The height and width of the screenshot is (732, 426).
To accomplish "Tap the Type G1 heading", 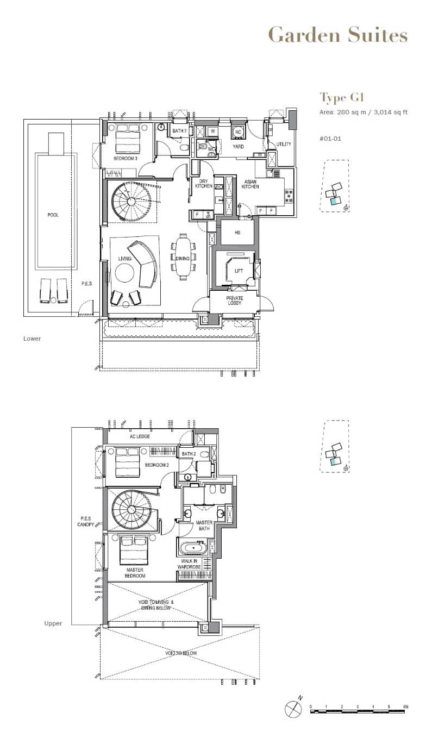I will click(341, 98).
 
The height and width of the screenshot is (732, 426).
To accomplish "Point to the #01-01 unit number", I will click(330, 139).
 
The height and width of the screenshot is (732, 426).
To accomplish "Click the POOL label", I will click(53, 215).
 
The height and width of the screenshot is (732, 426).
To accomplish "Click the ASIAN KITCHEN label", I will click(250, 184).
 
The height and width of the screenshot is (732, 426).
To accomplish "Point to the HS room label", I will click(237, 232).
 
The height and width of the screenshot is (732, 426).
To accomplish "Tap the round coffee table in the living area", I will click(123, 273).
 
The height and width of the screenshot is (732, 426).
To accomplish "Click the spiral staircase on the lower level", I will click(130, 201).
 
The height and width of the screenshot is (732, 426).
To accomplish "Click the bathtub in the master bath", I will click(192, 547).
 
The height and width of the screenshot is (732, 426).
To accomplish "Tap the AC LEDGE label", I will click(140, 436).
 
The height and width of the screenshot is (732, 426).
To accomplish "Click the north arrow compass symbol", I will click(293, 709).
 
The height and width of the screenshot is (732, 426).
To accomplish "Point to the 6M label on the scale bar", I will click(405, 706).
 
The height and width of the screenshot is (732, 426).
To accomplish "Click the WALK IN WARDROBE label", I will click(189, 564).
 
